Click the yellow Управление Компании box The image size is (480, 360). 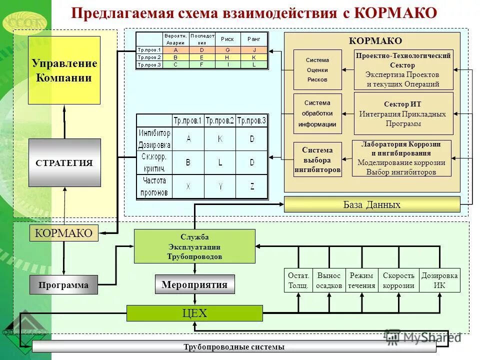pyautogui.click(x=64, y=70)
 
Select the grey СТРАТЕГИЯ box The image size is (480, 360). pyautogui.click(x=64, y=162)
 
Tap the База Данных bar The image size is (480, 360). pyautogui.click(x=371, y=204)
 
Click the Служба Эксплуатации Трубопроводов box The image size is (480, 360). pyautogui.click(x=194, y=246)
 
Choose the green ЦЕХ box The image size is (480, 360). pyautogui.click(x=194, y=313)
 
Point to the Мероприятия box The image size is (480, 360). pyautogui.click(x=194, y=284)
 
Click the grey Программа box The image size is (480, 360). pyautogui.click(x=64, y=285)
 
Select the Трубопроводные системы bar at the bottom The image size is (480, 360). pyautogui.click(x=233, y=346)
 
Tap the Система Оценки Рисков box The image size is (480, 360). pyautogui.click(x=317, y=70)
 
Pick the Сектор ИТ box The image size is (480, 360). pyautogui.click(x=403, y=113)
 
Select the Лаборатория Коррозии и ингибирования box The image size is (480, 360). pyautogui.click(x=401, y=158)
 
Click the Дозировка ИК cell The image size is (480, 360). pyautogui.click(x=439, y=280)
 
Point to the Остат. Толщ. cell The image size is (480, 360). pyautogui.click(x=298, y=280)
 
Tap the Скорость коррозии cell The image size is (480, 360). pyautogui.click(x=398, y=280)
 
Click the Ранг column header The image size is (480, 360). pyautogui.click(x=254, y=39)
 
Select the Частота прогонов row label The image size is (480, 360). pyautogui.click(x=154, y=186)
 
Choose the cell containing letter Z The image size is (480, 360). pyautogui.click(x=252, y=186)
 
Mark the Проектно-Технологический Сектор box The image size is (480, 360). pyautogui.click(x=403, y=69)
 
